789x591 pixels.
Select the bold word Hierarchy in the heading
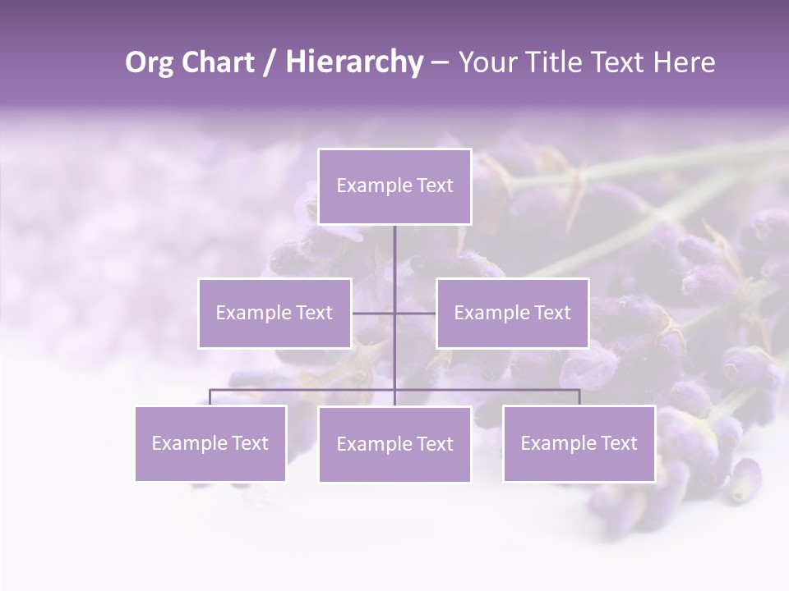[x=353, y=62]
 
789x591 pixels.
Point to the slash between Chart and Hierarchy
[x=268, y=62]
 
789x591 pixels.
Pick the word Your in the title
[x=484, y=62]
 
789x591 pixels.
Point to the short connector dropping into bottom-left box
[x=210, y=397]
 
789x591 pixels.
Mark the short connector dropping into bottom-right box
[x=579, y=397]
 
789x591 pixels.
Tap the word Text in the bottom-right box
[x=618, y=443]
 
